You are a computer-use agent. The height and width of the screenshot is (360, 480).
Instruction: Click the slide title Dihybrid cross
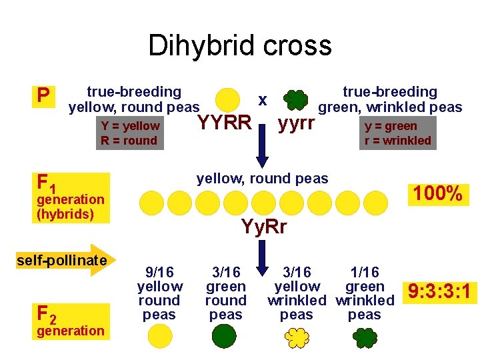240,45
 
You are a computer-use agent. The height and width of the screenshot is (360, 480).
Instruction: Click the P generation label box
43,96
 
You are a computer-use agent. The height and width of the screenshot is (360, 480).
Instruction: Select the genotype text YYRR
225,123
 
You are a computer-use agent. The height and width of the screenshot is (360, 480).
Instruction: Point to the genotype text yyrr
296,123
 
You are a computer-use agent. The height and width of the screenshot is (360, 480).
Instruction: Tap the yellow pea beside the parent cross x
229,99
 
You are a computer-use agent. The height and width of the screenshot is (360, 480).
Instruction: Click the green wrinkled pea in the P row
295,100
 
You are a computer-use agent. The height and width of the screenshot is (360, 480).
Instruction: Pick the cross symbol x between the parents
263,100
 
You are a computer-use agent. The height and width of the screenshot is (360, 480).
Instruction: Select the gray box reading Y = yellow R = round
130,133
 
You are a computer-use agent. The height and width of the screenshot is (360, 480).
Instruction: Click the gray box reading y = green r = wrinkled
398,133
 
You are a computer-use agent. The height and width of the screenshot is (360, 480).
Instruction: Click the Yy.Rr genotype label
264,227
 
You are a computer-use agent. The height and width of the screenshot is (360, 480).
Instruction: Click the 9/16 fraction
159,272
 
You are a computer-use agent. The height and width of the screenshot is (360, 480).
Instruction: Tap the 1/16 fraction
365,272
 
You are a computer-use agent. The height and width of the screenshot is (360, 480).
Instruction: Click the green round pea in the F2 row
224,335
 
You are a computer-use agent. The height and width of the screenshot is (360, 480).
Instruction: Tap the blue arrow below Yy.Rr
263,253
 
